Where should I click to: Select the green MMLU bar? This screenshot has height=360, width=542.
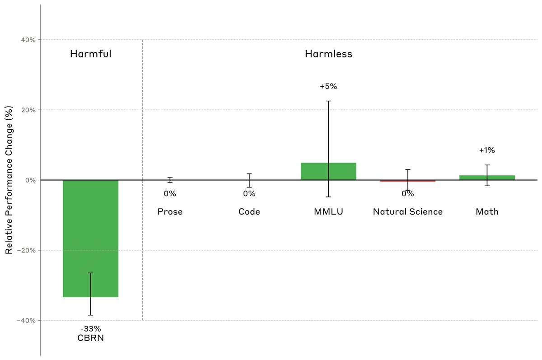328,171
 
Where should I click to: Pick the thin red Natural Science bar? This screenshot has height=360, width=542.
407,181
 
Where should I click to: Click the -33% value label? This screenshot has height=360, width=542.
90,329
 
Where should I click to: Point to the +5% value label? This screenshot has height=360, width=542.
328,86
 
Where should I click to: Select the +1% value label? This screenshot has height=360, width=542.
487,150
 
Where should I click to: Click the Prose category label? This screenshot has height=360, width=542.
170,211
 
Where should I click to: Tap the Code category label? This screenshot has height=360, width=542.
249,211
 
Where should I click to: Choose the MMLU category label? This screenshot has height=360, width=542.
328,211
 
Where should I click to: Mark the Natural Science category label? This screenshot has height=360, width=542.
407,211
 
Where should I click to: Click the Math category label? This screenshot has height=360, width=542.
487,211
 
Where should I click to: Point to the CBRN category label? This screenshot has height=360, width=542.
90,338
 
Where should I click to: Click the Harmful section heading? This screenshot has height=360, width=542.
90,54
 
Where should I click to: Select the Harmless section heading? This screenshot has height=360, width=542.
328,54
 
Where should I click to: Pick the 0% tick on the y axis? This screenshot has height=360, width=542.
31,180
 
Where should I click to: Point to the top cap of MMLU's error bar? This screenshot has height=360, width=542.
328,101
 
